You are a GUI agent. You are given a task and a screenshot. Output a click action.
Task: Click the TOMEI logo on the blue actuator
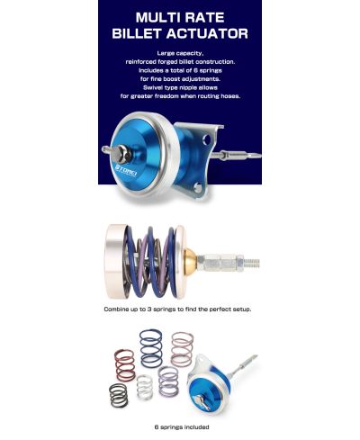pyautogui.click(x=135, y=166)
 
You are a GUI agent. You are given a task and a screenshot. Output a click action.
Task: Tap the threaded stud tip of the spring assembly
pyautogui.click(x=255, y=264)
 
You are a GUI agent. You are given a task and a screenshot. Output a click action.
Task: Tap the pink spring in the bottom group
pyautogui.click(x=182, y=346)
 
